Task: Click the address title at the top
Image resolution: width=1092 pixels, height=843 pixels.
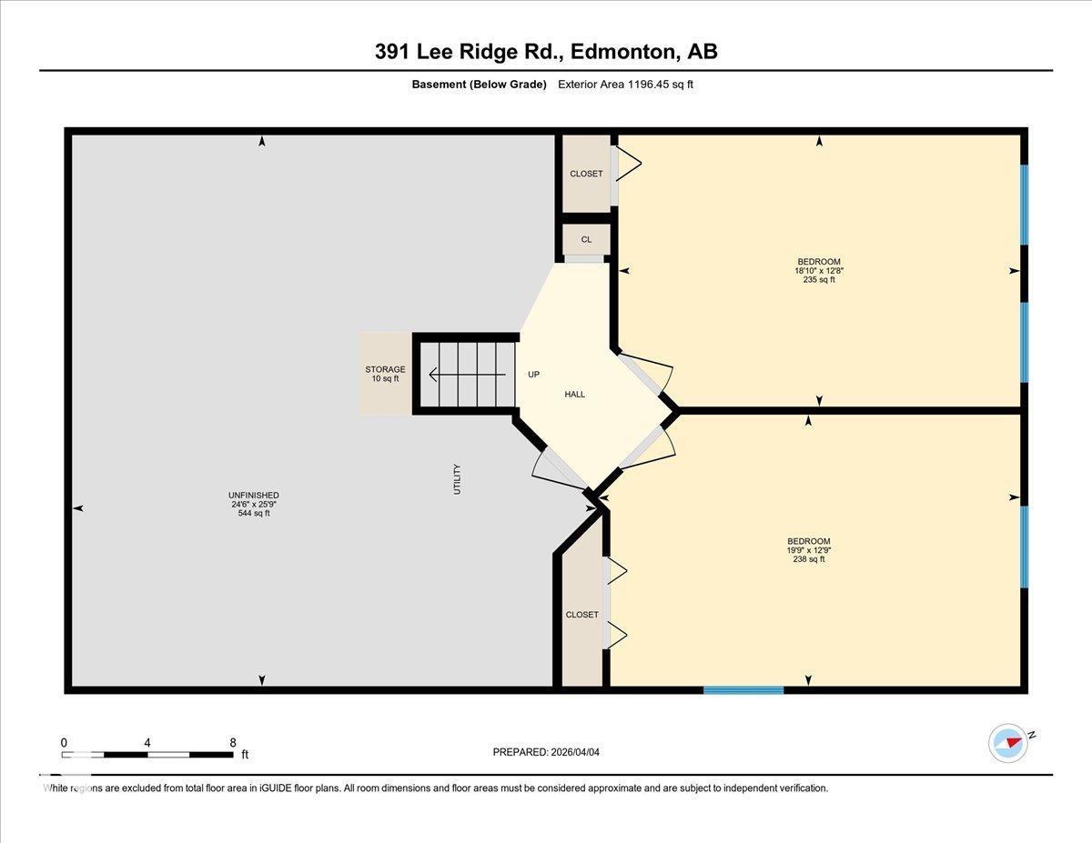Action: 546,52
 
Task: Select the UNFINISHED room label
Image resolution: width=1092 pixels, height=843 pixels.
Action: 253,504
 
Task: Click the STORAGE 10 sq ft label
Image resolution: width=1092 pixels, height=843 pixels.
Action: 385,374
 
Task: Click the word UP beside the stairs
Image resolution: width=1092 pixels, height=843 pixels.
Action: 534,374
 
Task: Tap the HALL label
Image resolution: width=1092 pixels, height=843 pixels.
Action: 574,395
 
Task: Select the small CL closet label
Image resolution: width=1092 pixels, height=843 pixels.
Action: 586,240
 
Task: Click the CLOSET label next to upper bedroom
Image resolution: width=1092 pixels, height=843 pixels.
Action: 586,174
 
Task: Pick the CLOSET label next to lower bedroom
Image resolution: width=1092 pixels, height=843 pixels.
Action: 581,615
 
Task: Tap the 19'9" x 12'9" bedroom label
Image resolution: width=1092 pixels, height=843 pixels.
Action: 808,550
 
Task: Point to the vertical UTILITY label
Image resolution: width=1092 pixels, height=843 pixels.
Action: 457,479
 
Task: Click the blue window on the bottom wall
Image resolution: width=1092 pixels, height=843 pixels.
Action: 743,690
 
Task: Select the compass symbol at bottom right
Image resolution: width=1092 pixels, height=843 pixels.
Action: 1008,742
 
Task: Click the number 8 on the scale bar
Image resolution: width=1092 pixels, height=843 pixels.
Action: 233,742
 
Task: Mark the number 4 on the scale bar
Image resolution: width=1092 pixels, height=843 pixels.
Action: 147,742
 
